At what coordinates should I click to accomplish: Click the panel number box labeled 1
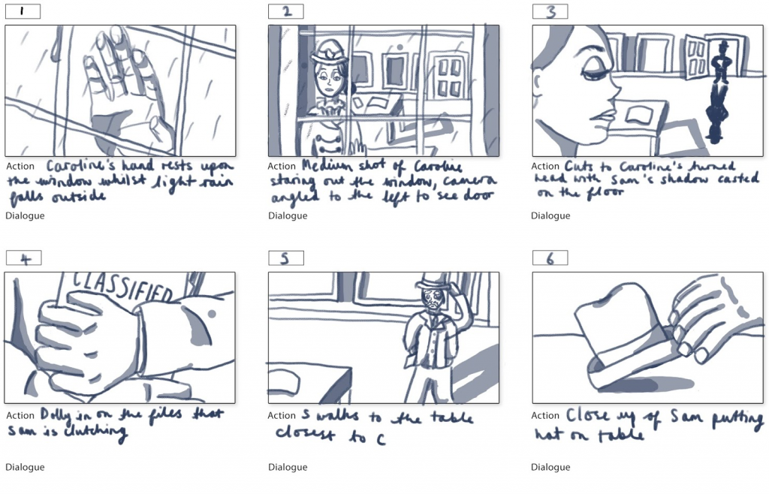[x=23, y=11]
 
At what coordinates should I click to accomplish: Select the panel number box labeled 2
[x=286, y=11]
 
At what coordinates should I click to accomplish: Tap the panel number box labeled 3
[x=550, y=11]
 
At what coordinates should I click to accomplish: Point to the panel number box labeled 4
[x=23, y=258]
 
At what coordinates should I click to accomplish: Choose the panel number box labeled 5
[x=286, y=258]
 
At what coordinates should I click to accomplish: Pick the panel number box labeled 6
[x=550, y=258]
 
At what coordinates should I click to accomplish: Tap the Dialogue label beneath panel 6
[x=550, y=467]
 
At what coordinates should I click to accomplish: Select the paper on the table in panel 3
[x=638, y=113]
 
